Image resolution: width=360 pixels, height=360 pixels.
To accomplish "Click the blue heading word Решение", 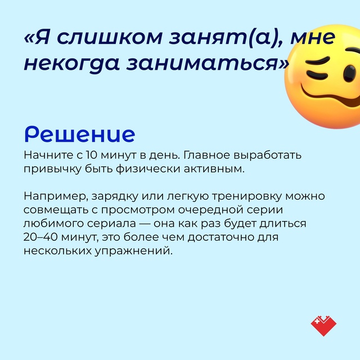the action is [x=80, y=134].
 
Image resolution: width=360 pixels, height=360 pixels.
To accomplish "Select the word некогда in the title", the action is [x=71, y=64].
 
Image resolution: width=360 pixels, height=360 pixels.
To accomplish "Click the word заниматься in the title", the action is [x=206, y=62].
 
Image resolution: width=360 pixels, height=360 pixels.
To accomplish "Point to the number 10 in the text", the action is [x=92, y=155].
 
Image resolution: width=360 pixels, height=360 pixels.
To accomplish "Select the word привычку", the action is [x=52, y=169].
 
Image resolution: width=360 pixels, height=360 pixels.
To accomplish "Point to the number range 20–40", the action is [x=40, y=237].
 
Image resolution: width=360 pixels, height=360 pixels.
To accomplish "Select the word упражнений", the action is [x=133, y=251].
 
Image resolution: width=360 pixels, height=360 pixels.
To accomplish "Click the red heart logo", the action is [x=323, y=326].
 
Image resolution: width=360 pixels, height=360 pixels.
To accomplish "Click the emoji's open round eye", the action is [x=350, y=74].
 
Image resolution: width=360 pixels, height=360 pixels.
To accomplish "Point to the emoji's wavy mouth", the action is [x=331, y=97].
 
